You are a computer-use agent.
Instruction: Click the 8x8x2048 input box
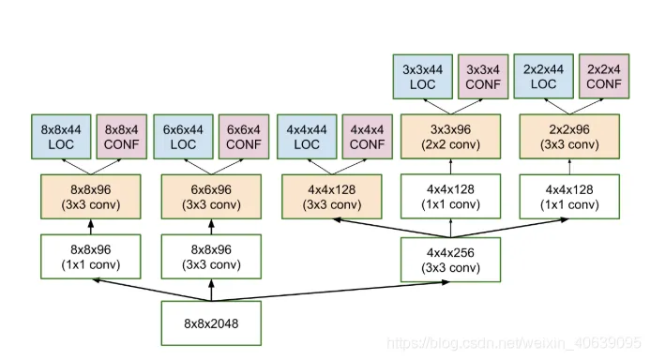pos(211,323)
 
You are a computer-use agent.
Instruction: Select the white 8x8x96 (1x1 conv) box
pos(91,257)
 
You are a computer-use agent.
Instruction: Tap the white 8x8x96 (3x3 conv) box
pos(211,257)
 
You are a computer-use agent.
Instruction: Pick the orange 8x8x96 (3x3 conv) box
pos(91,197)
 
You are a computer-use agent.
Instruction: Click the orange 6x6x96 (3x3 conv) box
pos(211,197)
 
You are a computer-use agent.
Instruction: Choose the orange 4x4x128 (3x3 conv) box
pos(332,197)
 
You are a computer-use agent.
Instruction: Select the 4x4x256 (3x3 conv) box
pos(450,260)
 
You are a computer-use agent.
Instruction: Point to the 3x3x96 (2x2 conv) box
pos(450,137)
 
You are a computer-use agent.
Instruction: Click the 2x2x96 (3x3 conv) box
pos(569,137)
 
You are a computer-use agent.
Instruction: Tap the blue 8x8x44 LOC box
pos(61,137)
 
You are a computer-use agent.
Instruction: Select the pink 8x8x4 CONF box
pos(121,137)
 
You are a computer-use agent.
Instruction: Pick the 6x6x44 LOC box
pos(183,137)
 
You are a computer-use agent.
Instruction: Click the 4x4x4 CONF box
pos(368,137)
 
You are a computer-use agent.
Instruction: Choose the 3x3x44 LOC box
pos(423,77)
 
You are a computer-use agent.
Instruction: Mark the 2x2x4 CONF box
pos(604,76)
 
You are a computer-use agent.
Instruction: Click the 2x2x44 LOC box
pos(543,76)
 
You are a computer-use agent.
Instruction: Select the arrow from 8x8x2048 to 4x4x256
pos(330,292)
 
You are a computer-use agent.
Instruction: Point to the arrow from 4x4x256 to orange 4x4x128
pos(392,228)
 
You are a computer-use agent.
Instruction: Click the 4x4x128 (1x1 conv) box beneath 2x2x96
pos(569,196)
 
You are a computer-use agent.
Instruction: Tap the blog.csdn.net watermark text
pos(514,343)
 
